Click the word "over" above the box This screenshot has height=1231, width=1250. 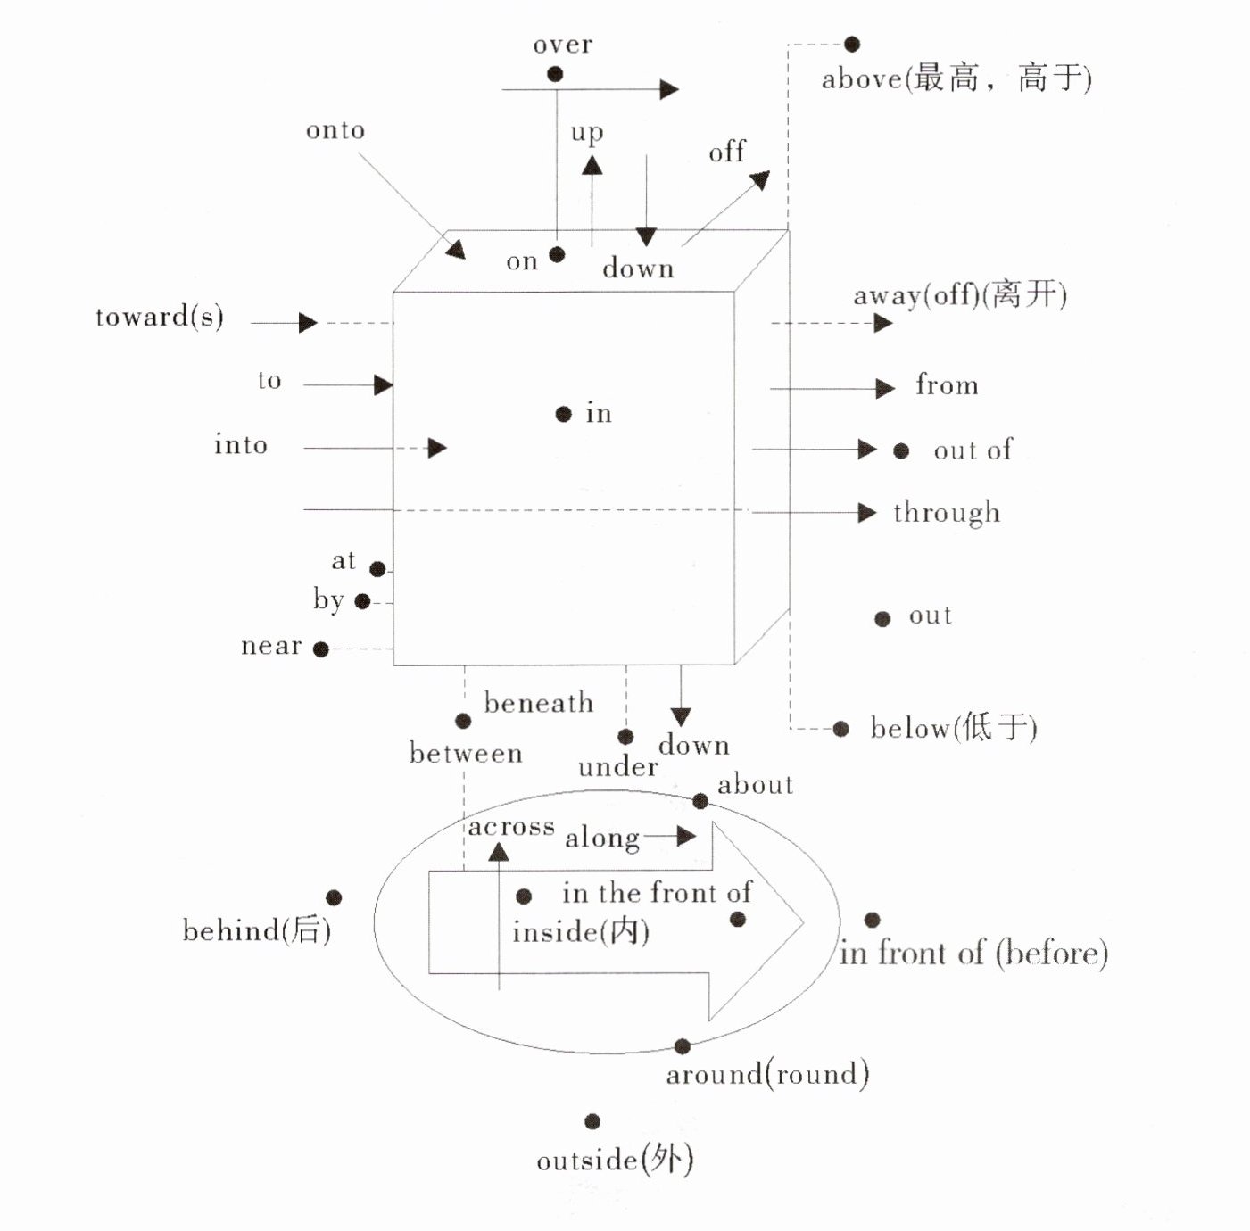562,45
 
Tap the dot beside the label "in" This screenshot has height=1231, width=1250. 563,414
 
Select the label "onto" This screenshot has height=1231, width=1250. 335,130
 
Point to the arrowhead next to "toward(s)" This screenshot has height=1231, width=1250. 308,322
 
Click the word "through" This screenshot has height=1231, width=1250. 947,513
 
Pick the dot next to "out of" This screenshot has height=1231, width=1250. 901,450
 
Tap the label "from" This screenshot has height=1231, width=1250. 947,385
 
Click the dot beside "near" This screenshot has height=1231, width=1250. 321,649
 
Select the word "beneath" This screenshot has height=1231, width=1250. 538,703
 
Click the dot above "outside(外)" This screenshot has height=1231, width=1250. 592,1121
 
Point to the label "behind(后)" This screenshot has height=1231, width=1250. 257,930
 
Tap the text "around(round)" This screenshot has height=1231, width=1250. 767,1074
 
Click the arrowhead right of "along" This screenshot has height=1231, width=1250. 685,836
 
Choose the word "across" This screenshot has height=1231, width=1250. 511,827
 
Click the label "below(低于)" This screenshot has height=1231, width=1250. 954,728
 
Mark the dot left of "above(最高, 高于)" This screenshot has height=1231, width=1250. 852,44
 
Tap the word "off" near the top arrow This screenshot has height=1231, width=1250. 726,153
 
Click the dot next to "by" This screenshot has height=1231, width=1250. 362,601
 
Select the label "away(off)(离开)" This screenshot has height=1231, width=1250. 959,294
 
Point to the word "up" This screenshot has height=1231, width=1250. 586,133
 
